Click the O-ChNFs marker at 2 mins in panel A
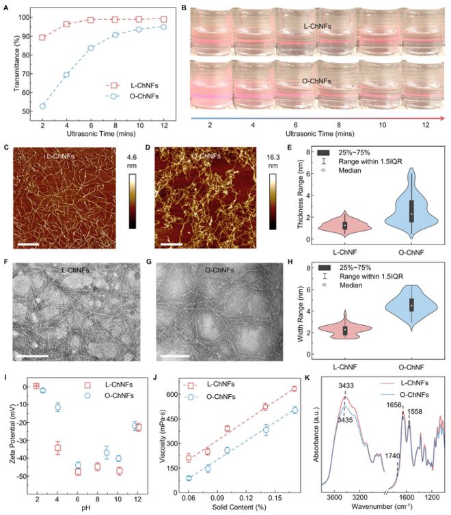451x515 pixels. tap(43, 106)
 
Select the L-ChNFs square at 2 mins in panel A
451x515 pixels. tap(43, 38)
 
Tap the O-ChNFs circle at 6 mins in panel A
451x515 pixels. tap(90, 48)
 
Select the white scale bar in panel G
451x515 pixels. tap(171, 354)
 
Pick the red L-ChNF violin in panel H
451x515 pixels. tap(345, 329)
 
